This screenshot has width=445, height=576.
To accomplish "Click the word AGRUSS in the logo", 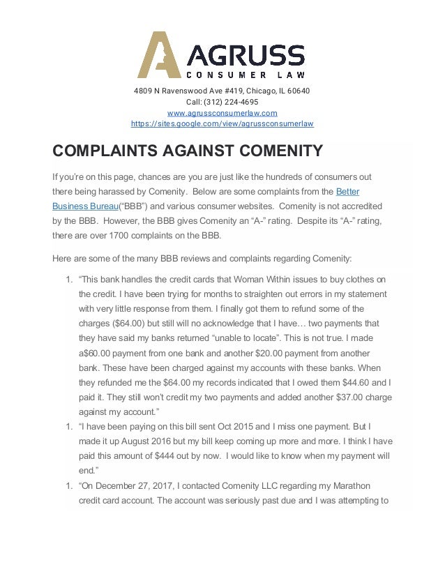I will (x=244, y=54).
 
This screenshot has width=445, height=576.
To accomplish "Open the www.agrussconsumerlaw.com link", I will (x=222, y=113).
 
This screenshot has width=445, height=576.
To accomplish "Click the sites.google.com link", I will (x=222, y=124).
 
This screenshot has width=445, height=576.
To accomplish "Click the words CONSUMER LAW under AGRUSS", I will (x=245, y=74).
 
